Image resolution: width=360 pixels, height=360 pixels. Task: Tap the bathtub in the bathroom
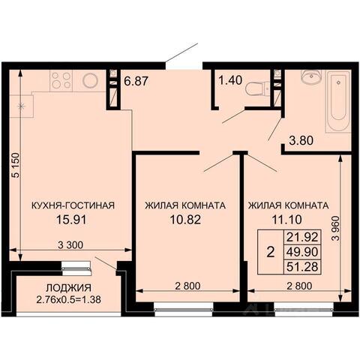click(337, 102)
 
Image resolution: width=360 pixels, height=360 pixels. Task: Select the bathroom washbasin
click(311, 76)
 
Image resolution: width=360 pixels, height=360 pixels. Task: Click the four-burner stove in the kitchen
click(61, 80)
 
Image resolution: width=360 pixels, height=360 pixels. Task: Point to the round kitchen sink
click(90, 80)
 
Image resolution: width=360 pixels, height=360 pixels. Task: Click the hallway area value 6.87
click(136, 81)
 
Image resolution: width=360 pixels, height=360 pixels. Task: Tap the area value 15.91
click(71, 220)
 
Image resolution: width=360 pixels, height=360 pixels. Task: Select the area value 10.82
click(185, 220)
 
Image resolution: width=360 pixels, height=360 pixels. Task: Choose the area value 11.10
click(286, 220)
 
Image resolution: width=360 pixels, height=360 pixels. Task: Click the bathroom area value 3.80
click(301, 140)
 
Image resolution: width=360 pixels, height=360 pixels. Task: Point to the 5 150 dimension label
click(16, 165)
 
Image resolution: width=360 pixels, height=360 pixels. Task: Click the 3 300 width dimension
click(70, 245)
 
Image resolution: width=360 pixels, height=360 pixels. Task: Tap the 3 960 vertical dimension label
click(336, 228)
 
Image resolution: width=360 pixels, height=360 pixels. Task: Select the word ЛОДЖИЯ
click(69, 288)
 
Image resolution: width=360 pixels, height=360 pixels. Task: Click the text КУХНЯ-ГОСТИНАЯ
click(73, 205)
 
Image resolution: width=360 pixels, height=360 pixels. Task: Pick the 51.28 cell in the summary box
click(302, 266)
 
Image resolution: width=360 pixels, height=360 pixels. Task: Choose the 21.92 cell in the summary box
click(302, 237)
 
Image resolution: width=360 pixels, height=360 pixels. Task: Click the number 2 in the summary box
click(271, 252)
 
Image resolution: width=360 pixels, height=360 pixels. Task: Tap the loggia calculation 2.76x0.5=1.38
click(69, 299)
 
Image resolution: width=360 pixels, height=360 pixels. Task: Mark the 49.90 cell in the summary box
click(302, 252)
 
